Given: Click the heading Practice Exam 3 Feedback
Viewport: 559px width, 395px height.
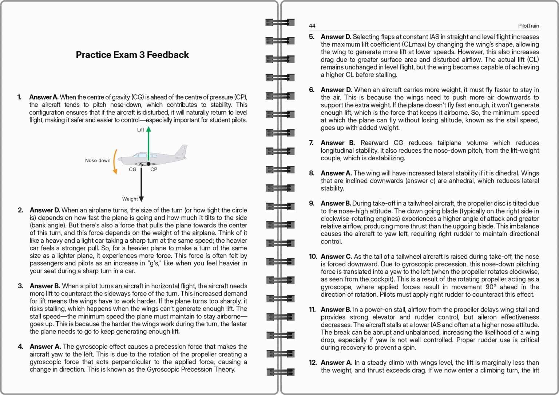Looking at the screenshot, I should point(132,55).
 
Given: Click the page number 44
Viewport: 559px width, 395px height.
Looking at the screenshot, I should point(312,26).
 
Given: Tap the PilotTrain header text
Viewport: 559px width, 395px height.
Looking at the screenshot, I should point(528,26).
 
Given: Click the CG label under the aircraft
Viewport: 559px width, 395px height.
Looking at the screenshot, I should point(132,169).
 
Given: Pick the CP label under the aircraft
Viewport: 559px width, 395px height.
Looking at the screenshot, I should point(154,169).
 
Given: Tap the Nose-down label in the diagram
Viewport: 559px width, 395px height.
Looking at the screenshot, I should point(98,160).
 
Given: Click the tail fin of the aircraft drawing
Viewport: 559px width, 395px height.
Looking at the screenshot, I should point(180,151).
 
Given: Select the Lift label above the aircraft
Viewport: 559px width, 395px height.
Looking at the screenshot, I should point(140,130).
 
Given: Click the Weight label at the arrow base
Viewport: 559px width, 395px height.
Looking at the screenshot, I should point(130,199).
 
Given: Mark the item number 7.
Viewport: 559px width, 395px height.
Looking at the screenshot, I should point(312,143).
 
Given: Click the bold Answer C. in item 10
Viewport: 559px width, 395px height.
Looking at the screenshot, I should point(336,257).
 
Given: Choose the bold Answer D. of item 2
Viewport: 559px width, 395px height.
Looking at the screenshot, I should point(45,210).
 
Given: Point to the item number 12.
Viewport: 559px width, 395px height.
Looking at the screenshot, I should point(313,363).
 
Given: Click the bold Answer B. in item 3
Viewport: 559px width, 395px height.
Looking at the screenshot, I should point(45,286).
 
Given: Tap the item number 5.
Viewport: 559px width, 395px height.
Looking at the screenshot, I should point(312,37).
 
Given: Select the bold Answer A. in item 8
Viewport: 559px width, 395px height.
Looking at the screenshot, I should point(336,173).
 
